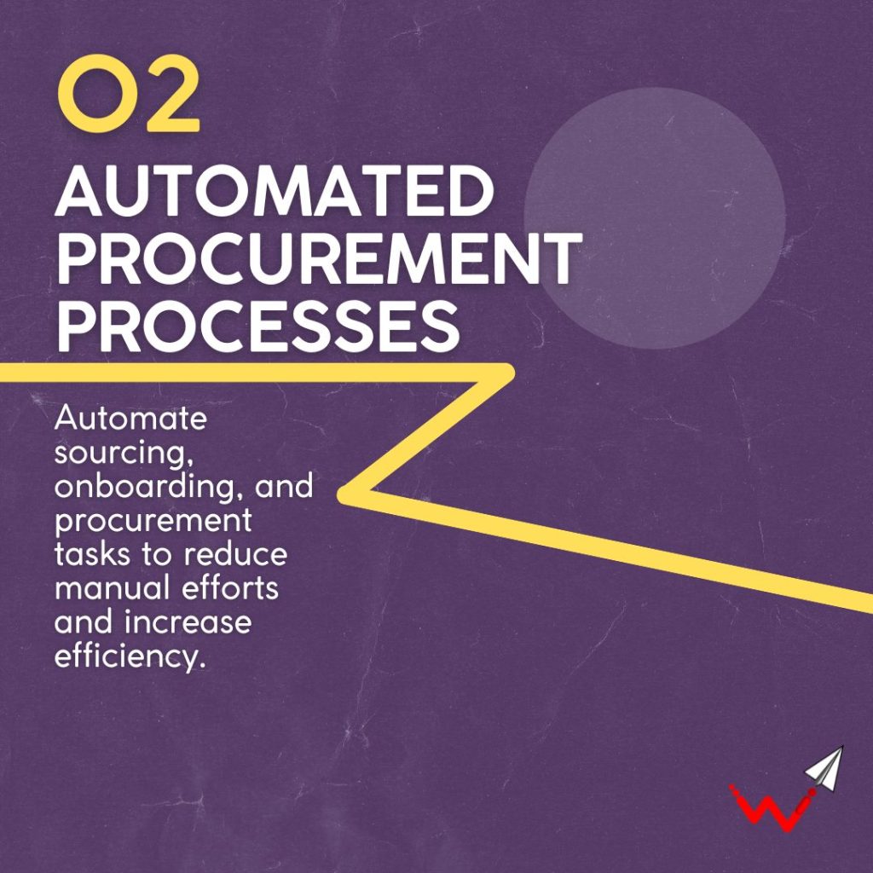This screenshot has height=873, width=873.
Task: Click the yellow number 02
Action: pos(129,94)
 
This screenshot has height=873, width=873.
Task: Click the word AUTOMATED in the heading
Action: pos(275,192)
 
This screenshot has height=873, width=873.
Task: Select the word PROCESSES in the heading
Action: pos(258,327)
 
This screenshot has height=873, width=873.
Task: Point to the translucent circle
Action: pos(655,218)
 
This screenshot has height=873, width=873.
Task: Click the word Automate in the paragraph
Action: pos(130,418)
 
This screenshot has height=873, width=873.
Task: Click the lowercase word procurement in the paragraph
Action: pos(153,522)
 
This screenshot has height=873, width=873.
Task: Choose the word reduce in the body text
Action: pos(234,553)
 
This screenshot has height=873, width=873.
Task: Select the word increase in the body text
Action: pos(188,622)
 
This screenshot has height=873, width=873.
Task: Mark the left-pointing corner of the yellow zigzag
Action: pos(341,493)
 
